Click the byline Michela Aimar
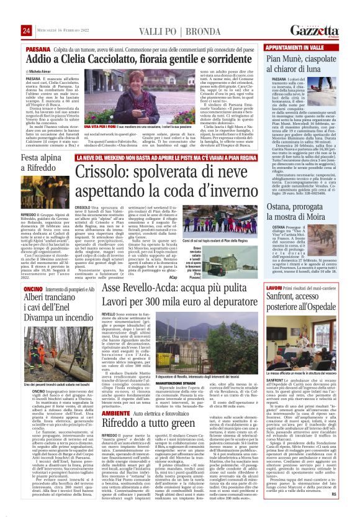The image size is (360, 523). click(x=43, y=73)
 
